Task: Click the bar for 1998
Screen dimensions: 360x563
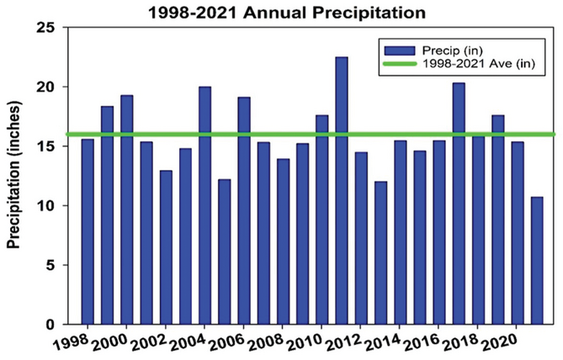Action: click(x=88, y=231)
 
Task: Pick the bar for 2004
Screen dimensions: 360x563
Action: click(x=204, y=205)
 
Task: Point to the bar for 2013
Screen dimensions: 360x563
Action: click(x=381, y=252)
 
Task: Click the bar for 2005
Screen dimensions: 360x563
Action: click(x=225, y=251)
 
